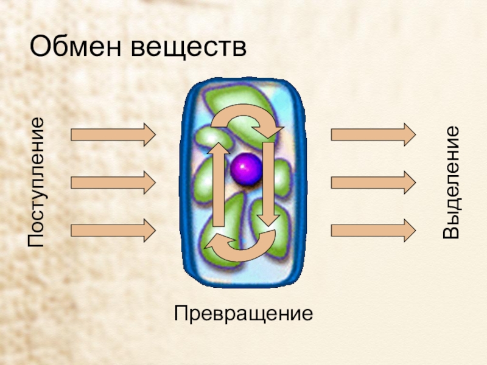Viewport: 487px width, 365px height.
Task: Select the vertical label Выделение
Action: tap(451, 182)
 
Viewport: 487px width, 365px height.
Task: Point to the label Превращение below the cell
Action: tap(243, 315)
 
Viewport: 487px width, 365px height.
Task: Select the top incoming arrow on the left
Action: tap(113, 134)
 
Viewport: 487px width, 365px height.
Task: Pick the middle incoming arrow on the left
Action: tap(113, 182)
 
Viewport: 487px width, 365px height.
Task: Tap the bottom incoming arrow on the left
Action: tap(113, 231)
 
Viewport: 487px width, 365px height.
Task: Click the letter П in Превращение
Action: tap(181, 315)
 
